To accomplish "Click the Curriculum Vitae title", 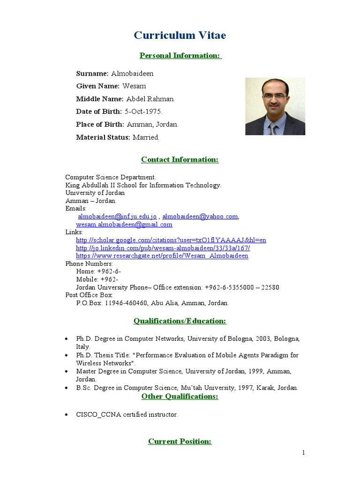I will (x=180, y=36).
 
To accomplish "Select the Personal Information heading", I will (x=180, y=56).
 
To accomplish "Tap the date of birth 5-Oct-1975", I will (x=143, y=112).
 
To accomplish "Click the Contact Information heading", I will (x=180, y=160).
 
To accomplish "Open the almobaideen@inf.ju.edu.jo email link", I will (x=117, y=216).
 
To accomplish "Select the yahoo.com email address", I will (x=200, y=216).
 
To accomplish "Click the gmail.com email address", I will (x=124, y=225).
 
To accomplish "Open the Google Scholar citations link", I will (x=171, y=240).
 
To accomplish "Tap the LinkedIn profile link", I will (x=163, y=248).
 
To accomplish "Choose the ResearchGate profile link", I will (x=162, y=256).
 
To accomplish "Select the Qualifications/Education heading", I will (x=180, y=321).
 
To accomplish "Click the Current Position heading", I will (x=180, y=442).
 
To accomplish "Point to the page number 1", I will (x=304, y=453).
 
